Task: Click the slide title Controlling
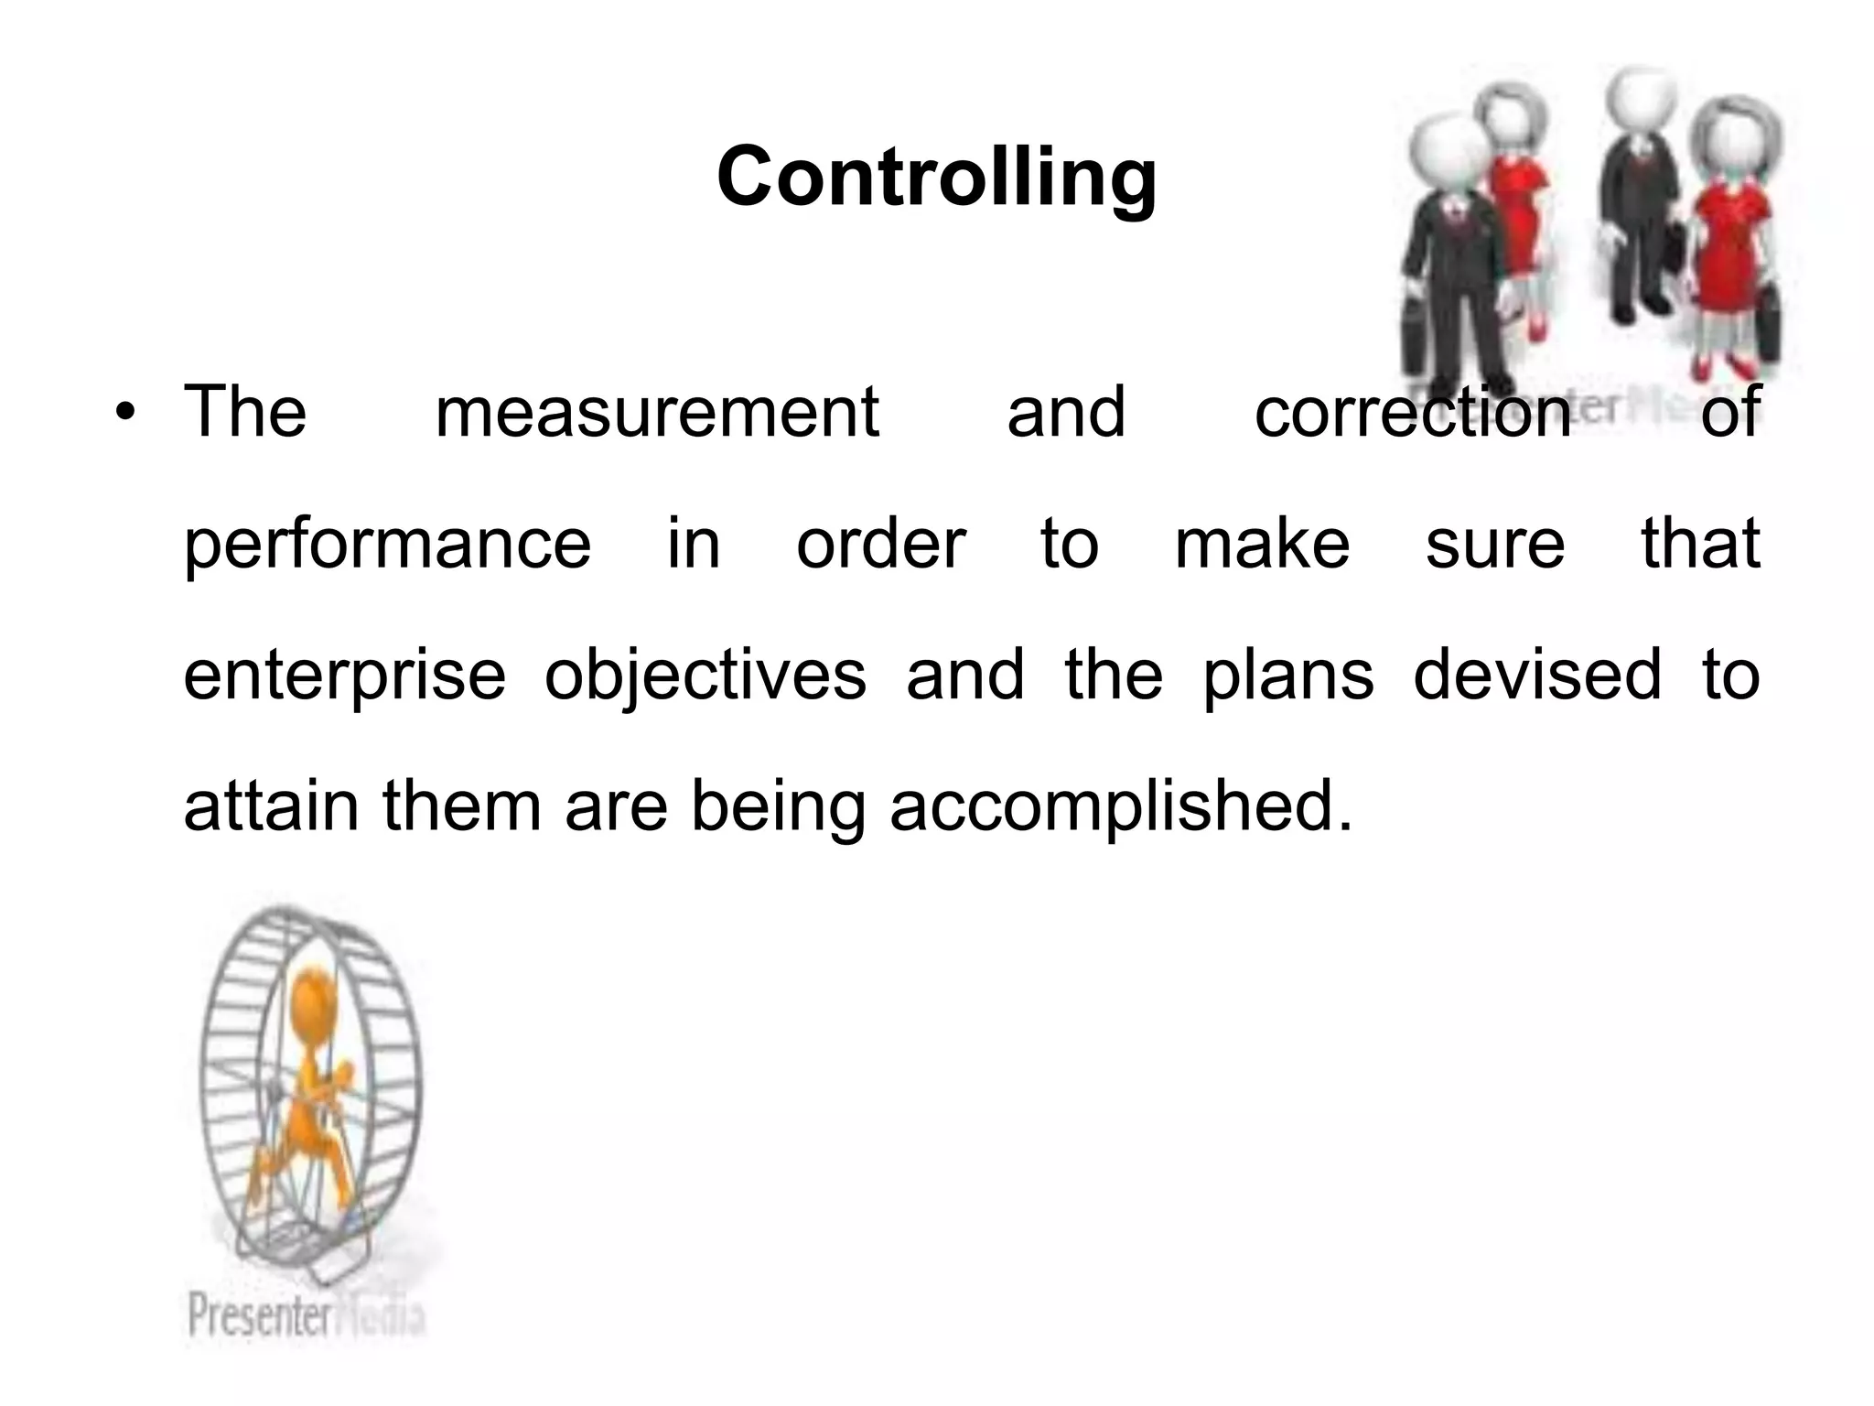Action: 937,178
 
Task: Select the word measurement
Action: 657,413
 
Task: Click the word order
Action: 880,545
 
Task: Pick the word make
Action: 1262,545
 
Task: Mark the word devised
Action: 1537,676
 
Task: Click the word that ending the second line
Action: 1700,545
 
